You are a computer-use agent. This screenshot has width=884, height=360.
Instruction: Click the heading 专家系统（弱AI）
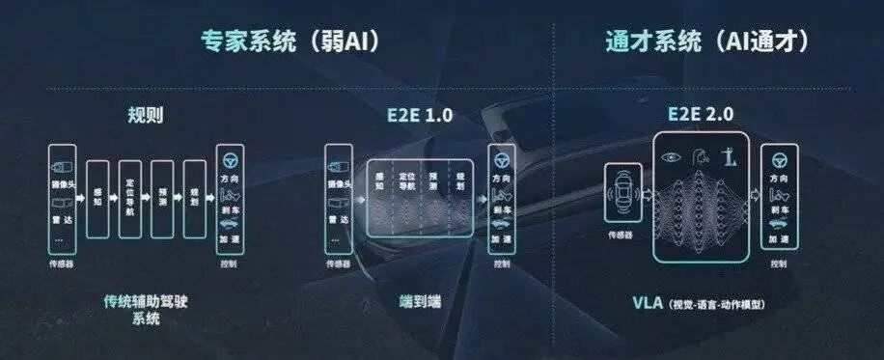[x=289, y=42]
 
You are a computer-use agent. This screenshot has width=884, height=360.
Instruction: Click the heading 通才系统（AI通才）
[x=706, y=42]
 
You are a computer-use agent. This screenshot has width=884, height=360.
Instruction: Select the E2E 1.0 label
[x=413, y=116]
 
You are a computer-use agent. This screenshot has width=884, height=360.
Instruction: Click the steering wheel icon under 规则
[x=229, y=159]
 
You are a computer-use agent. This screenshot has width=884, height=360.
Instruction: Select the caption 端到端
[x=413, y=300]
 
